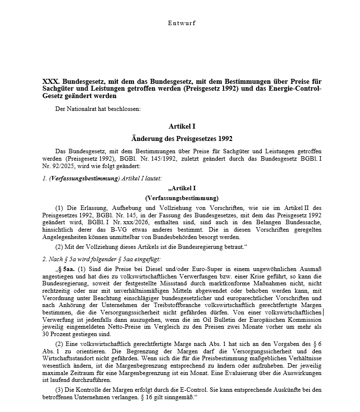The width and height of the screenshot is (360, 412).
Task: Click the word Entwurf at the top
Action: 181,23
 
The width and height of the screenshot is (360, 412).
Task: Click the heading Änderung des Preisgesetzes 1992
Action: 181,138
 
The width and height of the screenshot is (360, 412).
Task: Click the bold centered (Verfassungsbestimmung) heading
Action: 181,197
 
